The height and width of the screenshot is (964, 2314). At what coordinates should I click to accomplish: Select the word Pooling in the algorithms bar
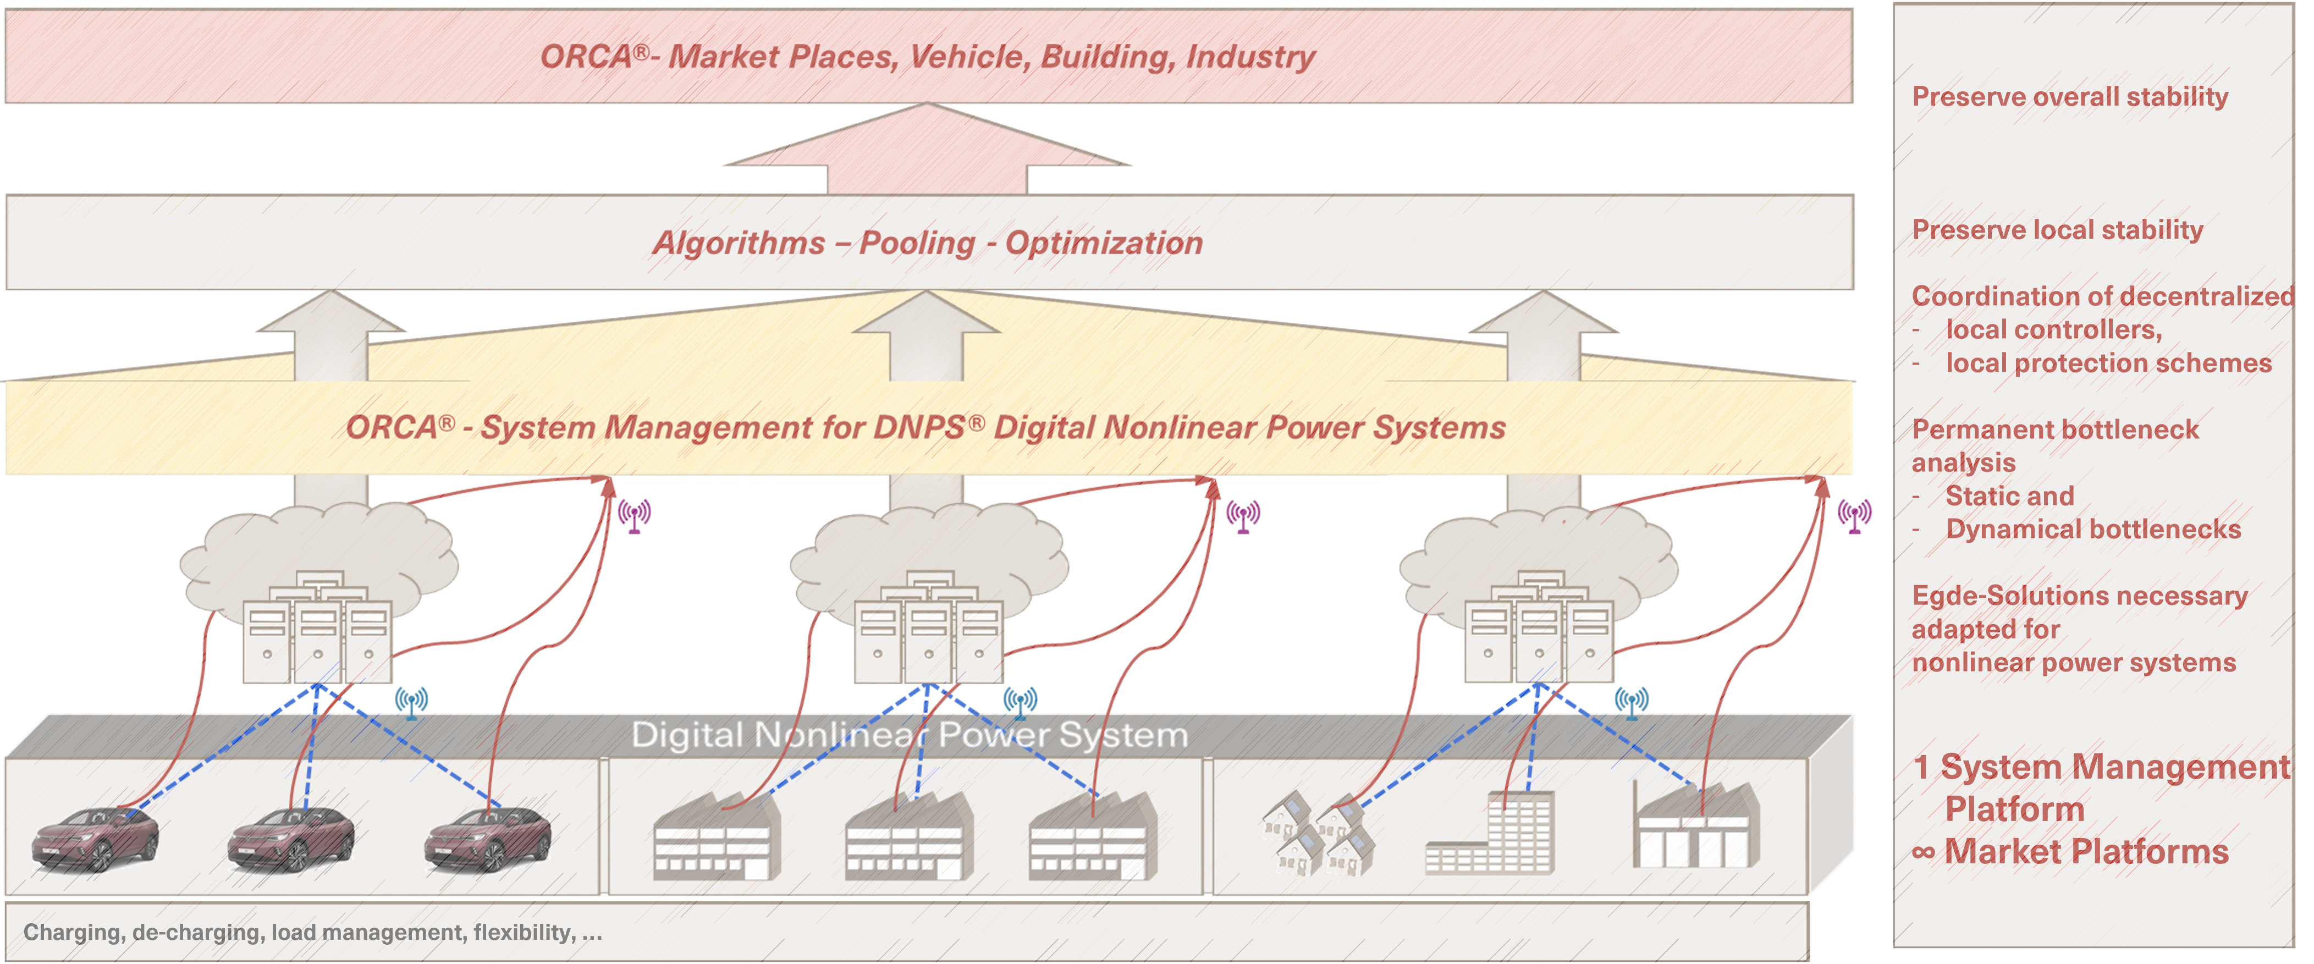(916, 243)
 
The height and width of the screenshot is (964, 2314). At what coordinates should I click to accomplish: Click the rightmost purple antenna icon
(1854, 516)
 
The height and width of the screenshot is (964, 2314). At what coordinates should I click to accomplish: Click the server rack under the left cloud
(317, 629)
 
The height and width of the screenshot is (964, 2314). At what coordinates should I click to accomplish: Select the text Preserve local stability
(2057, 230)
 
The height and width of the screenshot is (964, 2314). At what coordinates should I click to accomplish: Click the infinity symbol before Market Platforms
(1923, 852)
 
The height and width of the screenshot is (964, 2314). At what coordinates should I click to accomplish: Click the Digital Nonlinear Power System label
(909, 735)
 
